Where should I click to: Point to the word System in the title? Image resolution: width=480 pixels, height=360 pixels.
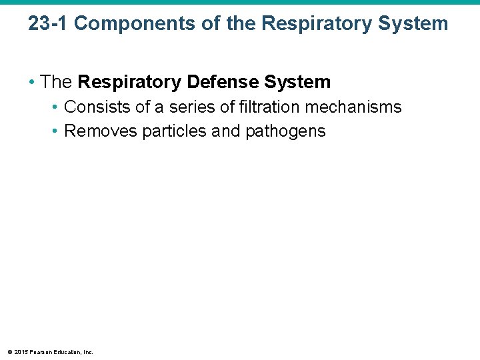click(x=413, y=24)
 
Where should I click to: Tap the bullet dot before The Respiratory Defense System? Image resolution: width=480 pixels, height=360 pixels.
click(x=32, y=82)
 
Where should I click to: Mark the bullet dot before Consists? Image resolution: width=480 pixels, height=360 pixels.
click(x=56, y=107)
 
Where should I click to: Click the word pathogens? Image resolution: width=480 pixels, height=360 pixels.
click(x=285, y=131)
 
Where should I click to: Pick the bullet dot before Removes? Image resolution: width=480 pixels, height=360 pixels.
click(x=56, y=131)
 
